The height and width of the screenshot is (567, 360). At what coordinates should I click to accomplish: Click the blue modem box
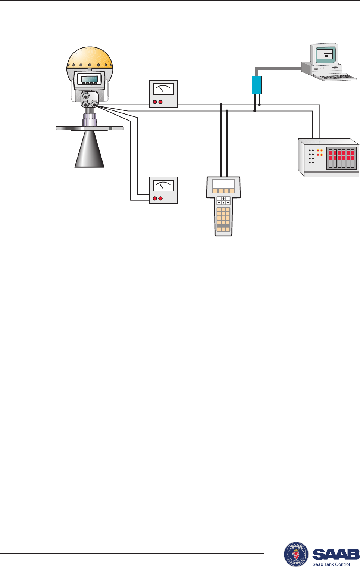pos(257,85)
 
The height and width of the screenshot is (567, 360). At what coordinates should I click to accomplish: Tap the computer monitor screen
pos(324,55)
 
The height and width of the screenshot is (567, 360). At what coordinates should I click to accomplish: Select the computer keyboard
pos(335,77)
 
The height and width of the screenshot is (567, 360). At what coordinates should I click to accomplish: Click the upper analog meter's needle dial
pos(164,90)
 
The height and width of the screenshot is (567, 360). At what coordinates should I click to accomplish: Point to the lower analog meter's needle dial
pos(164,186)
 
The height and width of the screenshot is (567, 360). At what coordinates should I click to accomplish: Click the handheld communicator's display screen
pos(223,184)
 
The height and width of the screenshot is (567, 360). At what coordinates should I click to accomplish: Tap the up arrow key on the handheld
pos(223,199)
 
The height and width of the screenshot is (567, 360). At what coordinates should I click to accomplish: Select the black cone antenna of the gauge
pos(90,149)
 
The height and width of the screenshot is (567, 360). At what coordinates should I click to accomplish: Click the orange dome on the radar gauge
pos(90,58)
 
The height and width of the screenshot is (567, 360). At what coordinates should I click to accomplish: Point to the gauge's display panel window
pos(90,79)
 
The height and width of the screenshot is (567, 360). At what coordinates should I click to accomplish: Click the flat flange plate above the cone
pos(90,128)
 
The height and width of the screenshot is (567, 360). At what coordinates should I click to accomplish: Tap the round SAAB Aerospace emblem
pos(296,554)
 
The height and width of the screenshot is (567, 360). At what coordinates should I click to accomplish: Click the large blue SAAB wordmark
pos(336,554)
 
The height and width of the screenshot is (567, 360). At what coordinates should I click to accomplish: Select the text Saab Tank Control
pos(331,564)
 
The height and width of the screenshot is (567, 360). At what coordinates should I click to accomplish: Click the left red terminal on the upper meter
pos(155,102)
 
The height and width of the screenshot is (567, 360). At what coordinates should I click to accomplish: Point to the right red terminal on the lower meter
pos(160,199)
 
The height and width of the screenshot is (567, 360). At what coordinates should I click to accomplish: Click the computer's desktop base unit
pos(322,69)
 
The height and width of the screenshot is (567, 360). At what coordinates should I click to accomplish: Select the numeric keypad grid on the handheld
pos(223,216)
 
